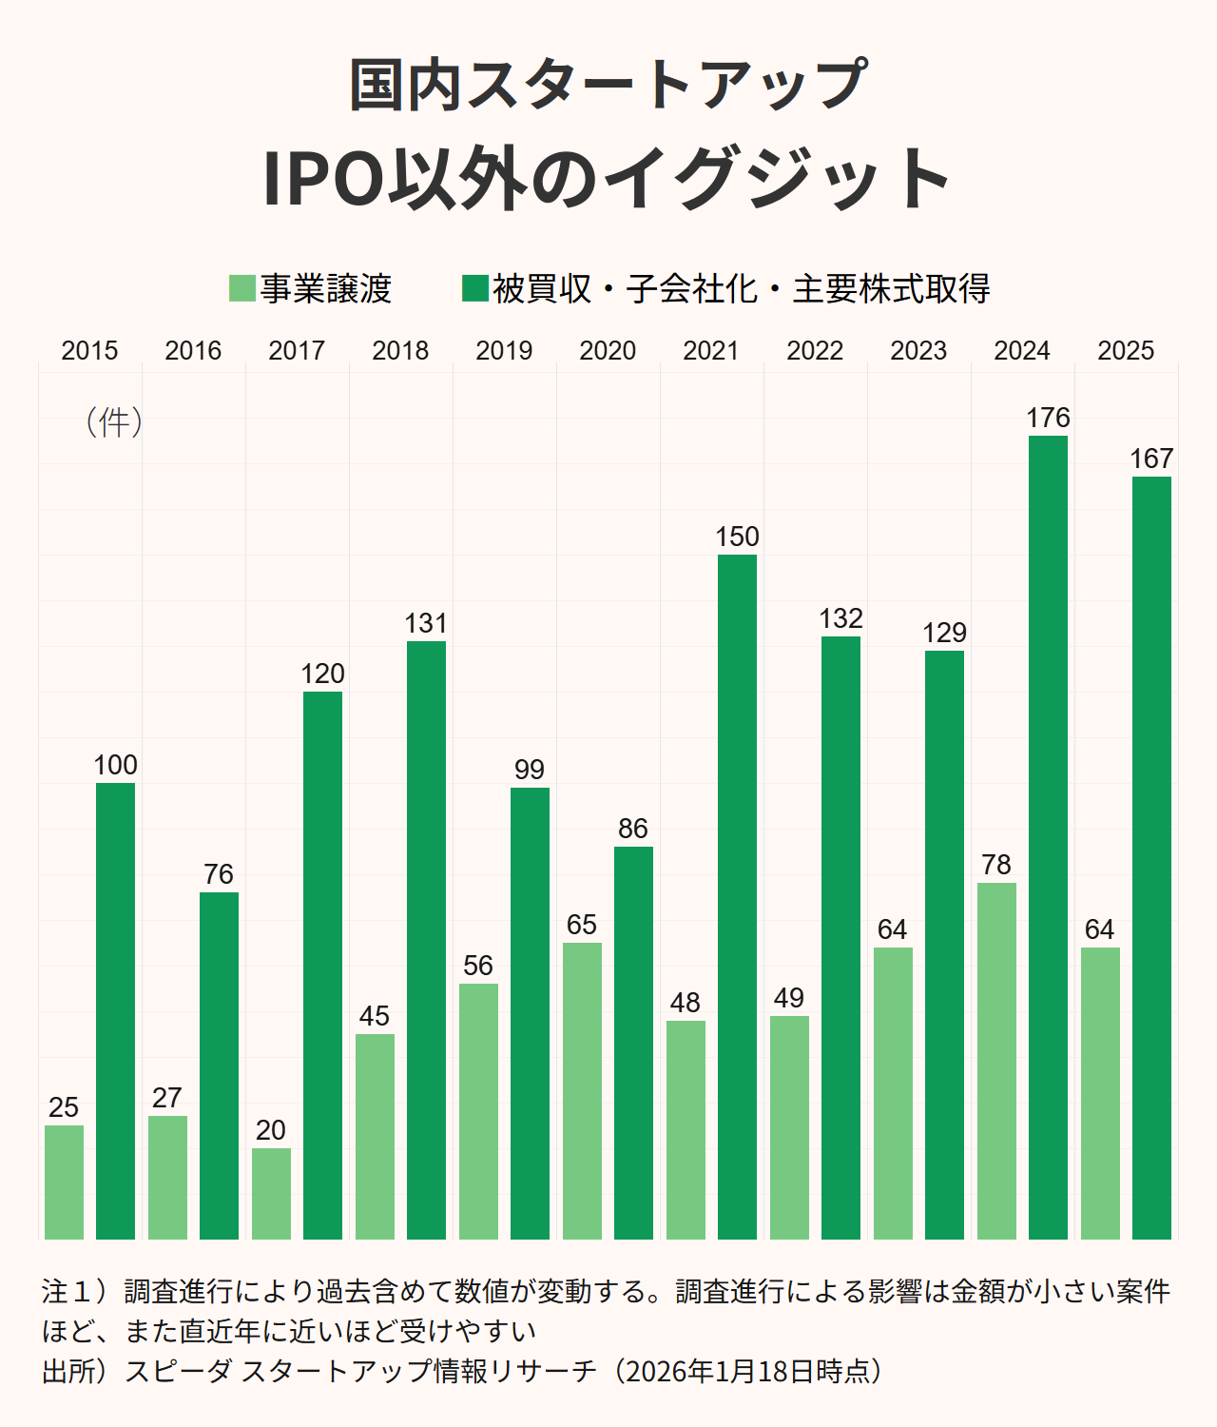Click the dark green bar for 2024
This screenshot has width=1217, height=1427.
(x=1048, y=837)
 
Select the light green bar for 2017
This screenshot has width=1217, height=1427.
(x=271, y=1193)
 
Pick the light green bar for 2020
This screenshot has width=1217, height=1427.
(x=582, y=1090)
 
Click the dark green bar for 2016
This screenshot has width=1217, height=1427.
(x=219, y=1065)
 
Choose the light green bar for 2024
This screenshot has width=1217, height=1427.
(x=996, y=1061)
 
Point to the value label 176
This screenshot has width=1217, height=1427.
(x=1048, y=418)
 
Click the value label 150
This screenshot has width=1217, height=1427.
(x=737, y=537)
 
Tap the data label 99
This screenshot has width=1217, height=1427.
(x=530, y=770)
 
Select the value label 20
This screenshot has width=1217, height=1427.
(x=271, y=1130)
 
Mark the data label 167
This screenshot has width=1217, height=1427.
(x=1151, y=459)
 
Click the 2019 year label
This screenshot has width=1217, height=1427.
(x=504, y=351)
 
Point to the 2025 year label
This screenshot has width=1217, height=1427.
(x=1126, y=351)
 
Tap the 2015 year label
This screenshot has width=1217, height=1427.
(x=89, y=351)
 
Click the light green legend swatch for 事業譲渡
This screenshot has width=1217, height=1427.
(x=242, y=288)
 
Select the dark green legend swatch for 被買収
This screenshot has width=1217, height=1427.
(x=474, y=288)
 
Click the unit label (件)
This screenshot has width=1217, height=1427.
(x=114, y=421)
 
